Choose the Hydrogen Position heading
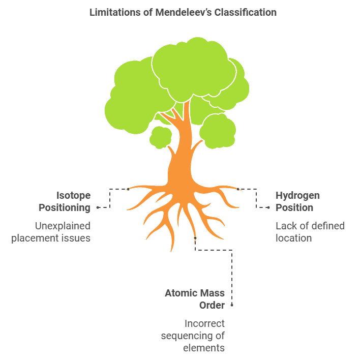pos(297,201)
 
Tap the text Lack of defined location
pos(310,232)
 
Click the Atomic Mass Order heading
pos(195,299)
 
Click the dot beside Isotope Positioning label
pos(97,207)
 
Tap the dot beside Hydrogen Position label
pos(268,207)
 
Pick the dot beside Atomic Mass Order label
pos(232,305)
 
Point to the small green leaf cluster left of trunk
pos(161,137)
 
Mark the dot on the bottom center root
pos(195,237)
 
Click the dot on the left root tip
pos(128,189)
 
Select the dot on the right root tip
pos(237,189)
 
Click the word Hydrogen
pos(297,195)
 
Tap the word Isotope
pos(73,195)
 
